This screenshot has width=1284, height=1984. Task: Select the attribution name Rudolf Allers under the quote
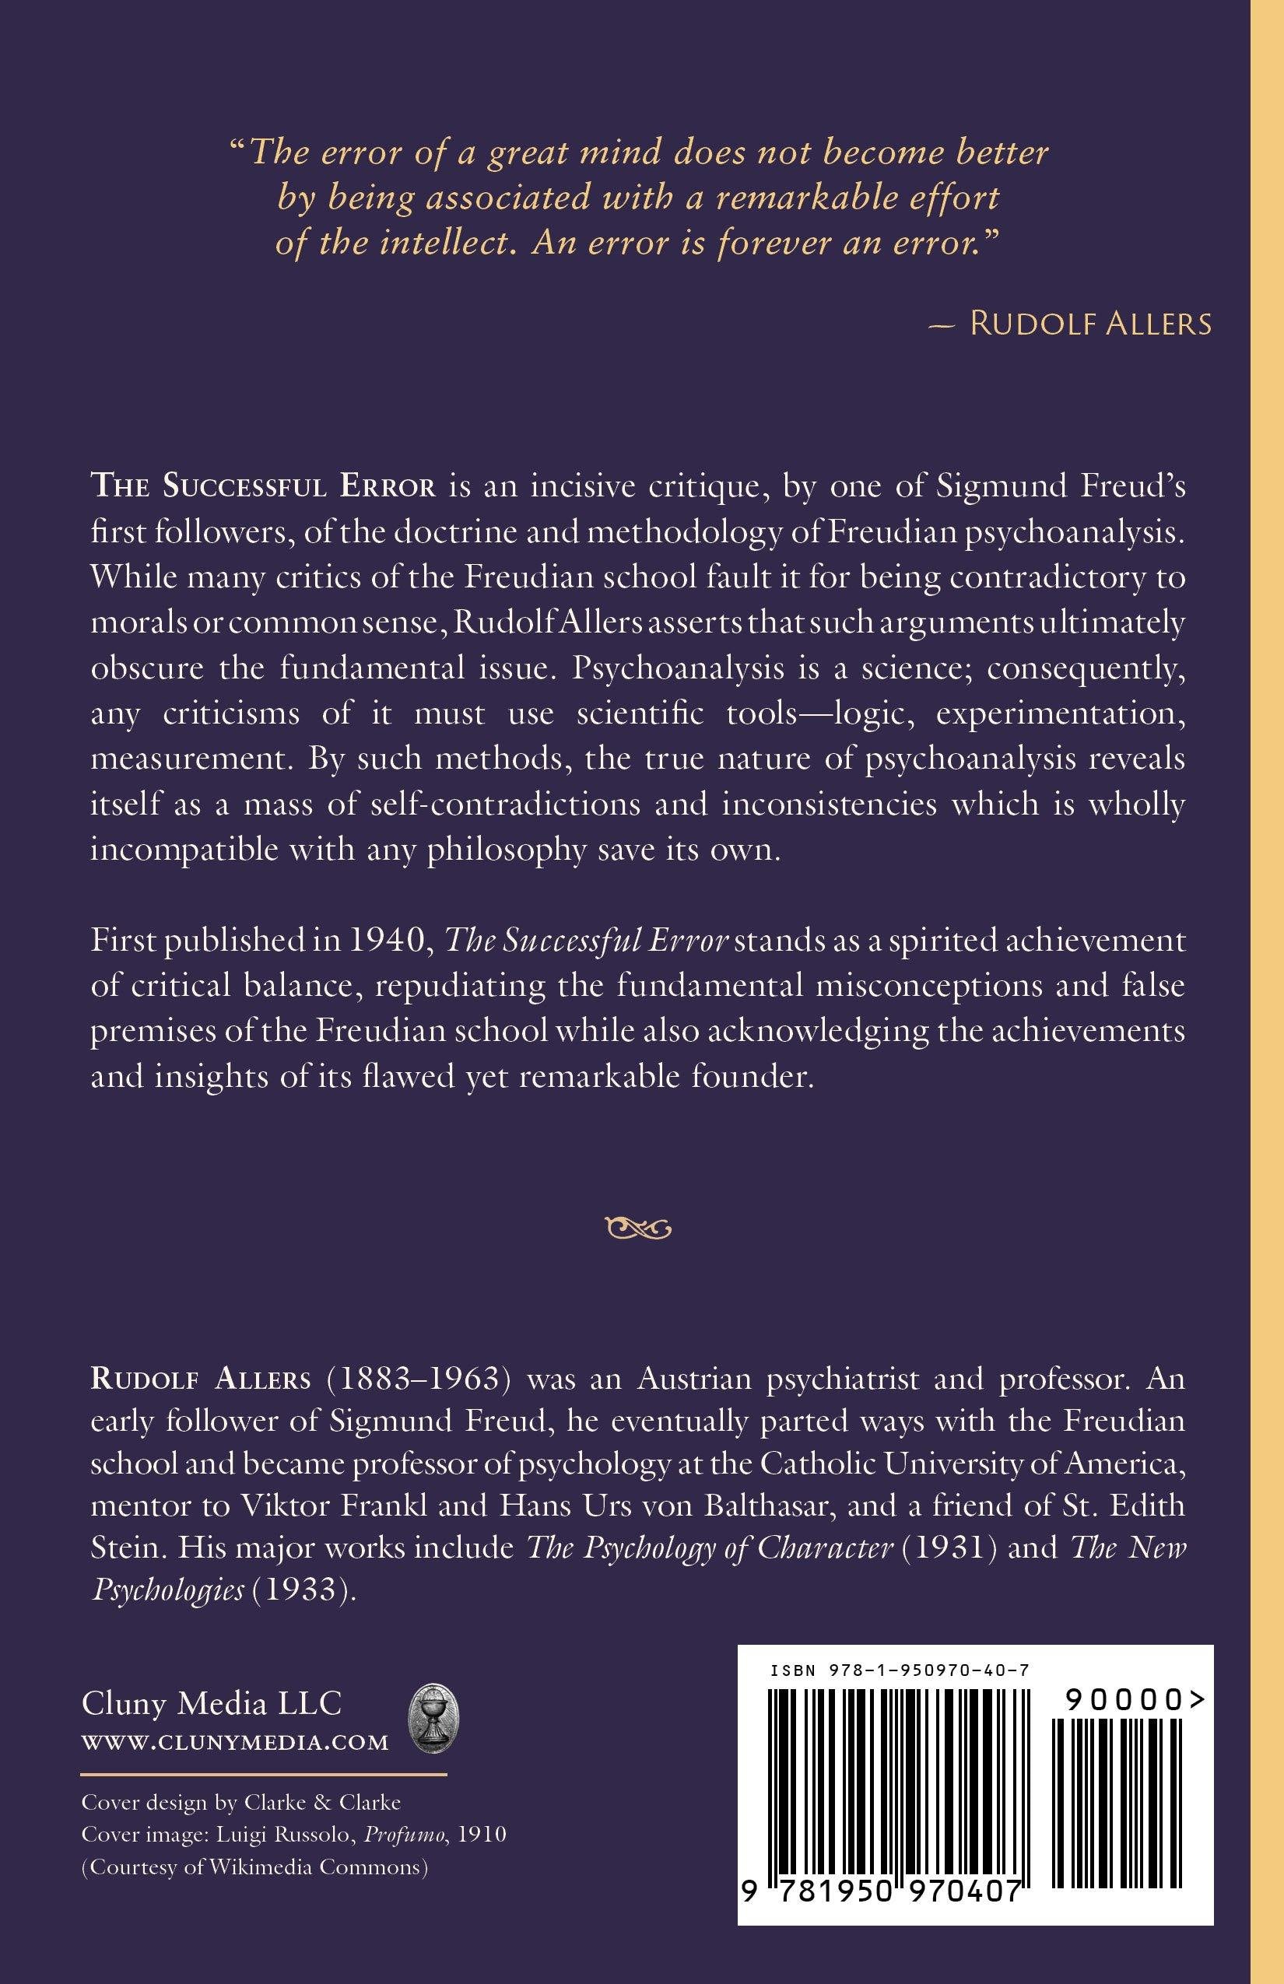(1090, 324)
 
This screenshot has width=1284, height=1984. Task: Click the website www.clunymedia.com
(235, 1742)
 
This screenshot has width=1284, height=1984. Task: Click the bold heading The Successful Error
(263, 488)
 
